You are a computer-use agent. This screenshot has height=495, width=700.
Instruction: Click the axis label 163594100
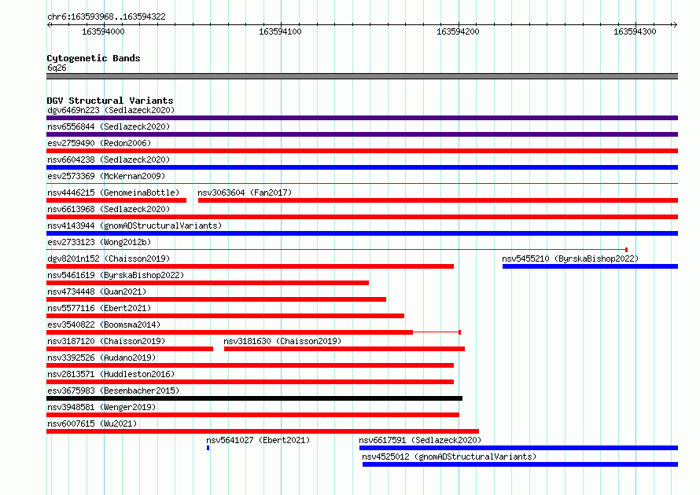pyautogui.click(x=280, y=31)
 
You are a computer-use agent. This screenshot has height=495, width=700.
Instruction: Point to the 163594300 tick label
pyautogui.click(x=635, y=31)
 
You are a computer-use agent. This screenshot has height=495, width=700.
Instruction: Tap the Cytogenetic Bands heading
pyautogui.click(x=94, y=58)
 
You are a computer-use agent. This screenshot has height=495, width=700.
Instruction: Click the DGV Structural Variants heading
pyautogui.click(x=110, y=101)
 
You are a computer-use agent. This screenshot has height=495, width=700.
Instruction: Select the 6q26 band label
pyautogui.click(x=57, y=68)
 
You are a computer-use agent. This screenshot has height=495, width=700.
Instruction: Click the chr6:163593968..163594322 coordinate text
pyautogui.click(x=106, y=16)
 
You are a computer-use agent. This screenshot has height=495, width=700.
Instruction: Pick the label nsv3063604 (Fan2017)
pyautogui.click(x=245, y=192)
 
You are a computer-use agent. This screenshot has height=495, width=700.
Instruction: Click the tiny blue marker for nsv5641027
pyautogui.click(x=208, y=448)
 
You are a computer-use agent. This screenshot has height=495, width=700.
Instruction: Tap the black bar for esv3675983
pyautogui.click(x=255, y=398)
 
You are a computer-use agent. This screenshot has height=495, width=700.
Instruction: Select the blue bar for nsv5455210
pyautogui.click(x=590, y=266)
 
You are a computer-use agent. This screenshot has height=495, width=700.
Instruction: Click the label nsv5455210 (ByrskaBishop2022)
pyautogui.click(x=570, y=258)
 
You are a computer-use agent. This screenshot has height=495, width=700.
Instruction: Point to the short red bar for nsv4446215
pyautogui.click(x=116, y=200)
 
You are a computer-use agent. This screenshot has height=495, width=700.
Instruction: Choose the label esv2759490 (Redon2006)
pyautogui.click(x=99, y=143)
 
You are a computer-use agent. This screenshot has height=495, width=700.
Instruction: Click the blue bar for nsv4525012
pyautogui.click(x=520, y=464)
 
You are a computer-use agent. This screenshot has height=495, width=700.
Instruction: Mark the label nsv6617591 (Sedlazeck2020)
pyautogui.click(x=420, y=440)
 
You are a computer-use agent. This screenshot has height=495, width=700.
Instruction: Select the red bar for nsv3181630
pyautogui.click(x=344, y=349)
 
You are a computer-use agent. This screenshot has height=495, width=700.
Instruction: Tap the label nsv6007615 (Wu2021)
pyautogui.click(x=92, y=423)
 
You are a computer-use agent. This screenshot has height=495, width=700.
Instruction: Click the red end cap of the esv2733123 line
pyautogui.click(x=626, y=250)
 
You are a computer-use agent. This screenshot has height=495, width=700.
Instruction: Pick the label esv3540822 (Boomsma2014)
pyautogui.click(x=104, y=324)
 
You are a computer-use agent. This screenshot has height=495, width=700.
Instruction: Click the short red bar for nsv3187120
pyautogui.click(x=130, y=349)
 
